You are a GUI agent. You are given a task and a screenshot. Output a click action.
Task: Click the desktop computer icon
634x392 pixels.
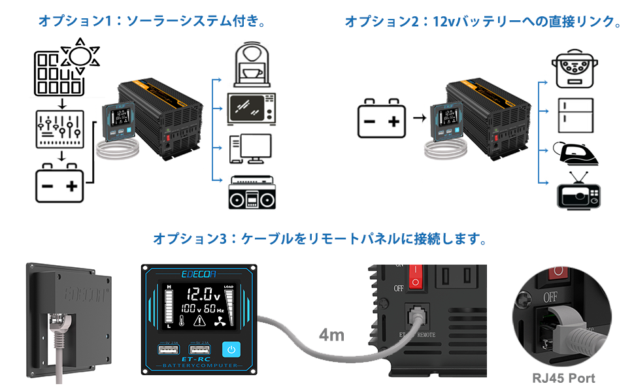pyautogui.click(x=250, y=149)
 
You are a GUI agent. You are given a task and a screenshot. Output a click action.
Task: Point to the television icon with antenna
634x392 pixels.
pyautogui.click(x=576, y=193)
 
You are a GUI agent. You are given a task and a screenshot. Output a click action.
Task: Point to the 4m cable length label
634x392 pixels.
pyautogui.click(x=331, y=335)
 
